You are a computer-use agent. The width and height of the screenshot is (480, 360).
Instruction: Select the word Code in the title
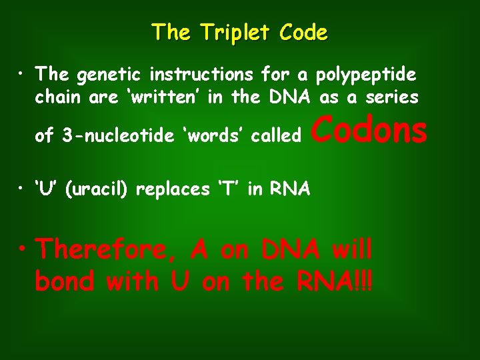(303, 33)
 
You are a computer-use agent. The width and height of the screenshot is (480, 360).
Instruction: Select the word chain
(57, 97)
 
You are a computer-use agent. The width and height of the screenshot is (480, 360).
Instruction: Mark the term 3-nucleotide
(121, 136)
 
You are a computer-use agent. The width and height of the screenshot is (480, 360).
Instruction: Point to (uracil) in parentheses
(97, 189)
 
